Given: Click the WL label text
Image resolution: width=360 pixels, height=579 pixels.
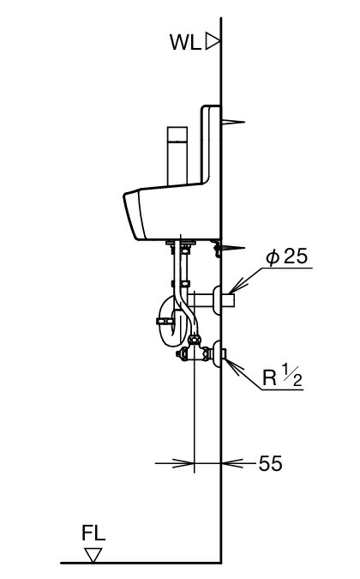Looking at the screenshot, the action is coord(185,42).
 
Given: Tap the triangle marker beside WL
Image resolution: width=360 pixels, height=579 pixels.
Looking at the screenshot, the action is coord(212,41).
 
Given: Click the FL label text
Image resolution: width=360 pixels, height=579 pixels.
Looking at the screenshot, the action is coord(93,533).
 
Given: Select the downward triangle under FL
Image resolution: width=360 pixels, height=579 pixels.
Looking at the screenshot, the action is coord(93,555).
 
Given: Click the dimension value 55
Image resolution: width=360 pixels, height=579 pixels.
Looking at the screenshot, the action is coord(270,463).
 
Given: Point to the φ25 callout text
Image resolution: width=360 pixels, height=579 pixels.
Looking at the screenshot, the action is coord(286,256).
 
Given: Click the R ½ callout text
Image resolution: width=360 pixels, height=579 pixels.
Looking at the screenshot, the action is coord(282,376).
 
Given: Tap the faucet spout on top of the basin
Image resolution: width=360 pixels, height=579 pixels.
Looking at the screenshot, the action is coord(177,155).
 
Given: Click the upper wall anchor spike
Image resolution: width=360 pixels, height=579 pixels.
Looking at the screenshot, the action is coord(233,122).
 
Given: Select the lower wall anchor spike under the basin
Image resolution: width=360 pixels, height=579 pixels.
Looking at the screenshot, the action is coord(233,247).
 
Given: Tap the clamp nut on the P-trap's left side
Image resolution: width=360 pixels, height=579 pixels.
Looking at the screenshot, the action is coord(165,321).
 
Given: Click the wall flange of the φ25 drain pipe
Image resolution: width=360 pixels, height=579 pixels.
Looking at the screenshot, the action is coord(217,299).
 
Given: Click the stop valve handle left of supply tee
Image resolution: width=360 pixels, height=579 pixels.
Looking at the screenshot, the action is coord(181,353).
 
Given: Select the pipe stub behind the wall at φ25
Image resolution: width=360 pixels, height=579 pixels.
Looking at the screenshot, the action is coord(228,299).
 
